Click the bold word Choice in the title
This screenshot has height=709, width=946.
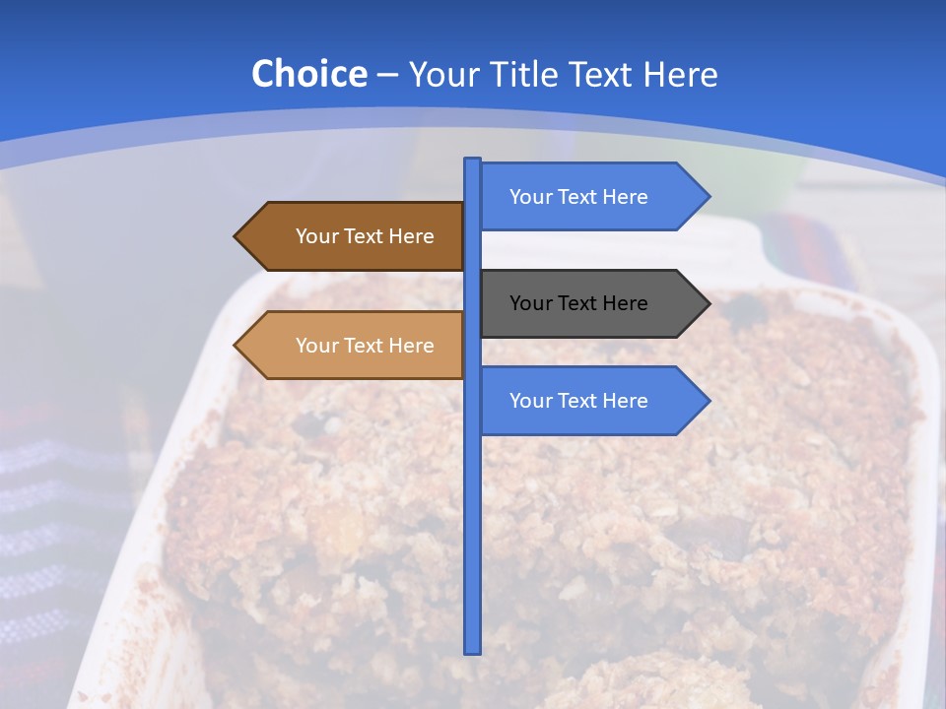(308, 74)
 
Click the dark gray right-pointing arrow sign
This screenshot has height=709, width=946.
(591, 303)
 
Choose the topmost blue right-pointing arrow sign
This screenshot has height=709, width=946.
(591, 197)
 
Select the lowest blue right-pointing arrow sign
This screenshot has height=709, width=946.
(591, 401)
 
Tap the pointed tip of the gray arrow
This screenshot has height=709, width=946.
(709, 303)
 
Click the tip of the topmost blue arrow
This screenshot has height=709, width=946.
(709, 197)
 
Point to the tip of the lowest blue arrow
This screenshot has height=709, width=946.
(709, 401)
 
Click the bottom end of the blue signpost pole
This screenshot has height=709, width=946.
(473, 651)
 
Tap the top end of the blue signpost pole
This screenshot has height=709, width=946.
(473, 161)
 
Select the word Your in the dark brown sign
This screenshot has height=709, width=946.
(316, 236)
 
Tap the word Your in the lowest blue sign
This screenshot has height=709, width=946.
(530, 401)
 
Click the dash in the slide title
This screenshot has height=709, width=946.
(387, 75)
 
